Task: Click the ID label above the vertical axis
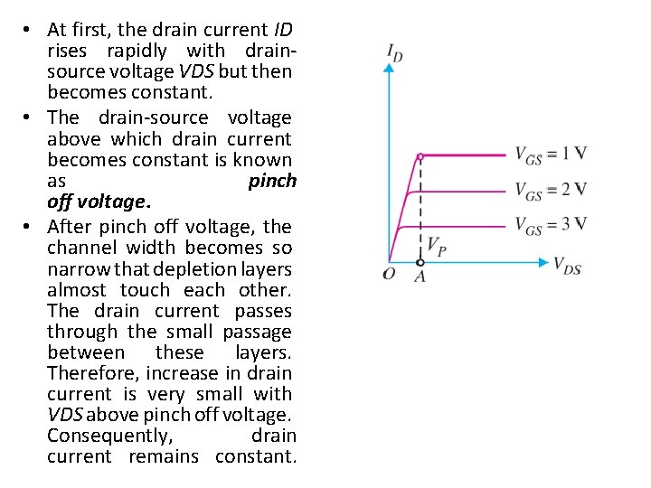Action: (x=394, y=53)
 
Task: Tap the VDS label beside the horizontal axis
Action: (x=567, y=266)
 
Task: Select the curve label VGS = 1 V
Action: (x=551, y=154)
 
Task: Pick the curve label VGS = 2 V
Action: (x=551, y=190)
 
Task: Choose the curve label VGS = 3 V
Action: (x=551, y=224)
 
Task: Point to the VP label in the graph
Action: (x=436, y=245)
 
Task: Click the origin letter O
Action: (x=389, y=274)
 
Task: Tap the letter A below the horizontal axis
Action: (x=420, y=277)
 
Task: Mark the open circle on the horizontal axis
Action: (x=420, y=262)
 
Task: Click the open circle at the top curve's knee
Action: (x=420, y=156)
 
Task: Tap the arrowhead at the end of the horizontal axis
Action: (x=544, y=262)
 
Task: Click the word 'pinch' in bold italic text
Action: (x=272, y=181)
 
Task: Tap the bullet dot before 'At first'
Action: (x=30, y=30)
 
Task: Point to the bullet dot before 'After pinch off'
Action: (x=30, y=226)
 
